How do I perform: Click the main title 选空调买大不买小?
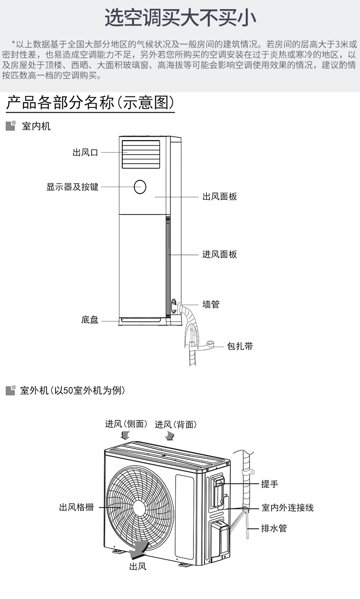pyautogui.click(x=180, y=18)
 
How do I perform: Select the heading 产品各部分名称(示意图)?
pyautogui.click(x=90, y=102)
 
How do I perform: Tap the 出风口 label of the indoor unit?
pyautogui.click(x=85, y=153)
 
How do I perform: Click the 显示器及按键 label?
pyautogui.click(x=72, y=187)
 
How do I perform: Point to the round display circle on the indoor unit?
pyautogui.click(x=140, y=187)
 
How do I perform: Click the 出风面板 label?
pyautogui.click(x=219, y=197)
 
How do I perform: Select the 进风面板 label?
pyautogui.click(x=219, y=254)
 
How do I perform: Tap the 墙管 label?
pyautogui.click(x=211, y=304)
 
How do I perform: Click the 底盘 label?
pyautogui.click(x=90, y=320)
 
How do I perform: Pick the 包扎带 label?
pyautogui.click(x=240, y=347)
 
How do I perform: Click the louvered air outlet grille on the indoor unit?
pyautogui.click(x=141, y=154)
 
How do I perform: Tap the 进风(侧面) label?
pyautogui.click(x=126, y=424)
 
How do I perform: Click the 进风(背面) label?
pyautogui.click(x=176, y=424)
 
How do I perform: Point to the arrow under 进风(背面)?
pyautogui.click(x=169, y=436)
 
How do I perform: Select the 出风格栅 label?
pyautogui.click(x=76, y=507)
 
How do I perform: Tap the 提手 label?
pyautogui.click(x=270, y=484)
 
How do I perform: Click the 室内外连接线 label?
pyautogui.click(x=288, y=507)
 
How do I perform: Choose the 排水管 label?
pyautogui.click(x=274, y=528)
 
